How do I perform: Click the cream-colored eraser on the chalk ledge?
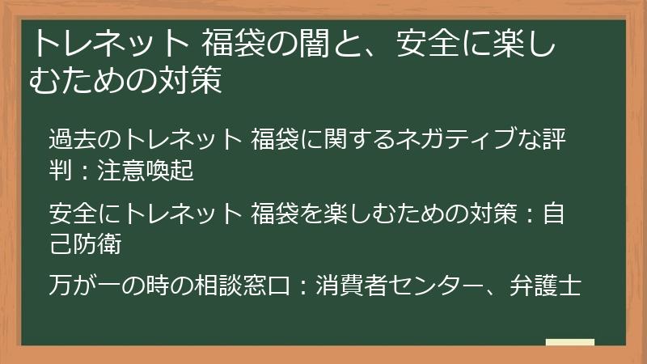click(569, 343)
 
